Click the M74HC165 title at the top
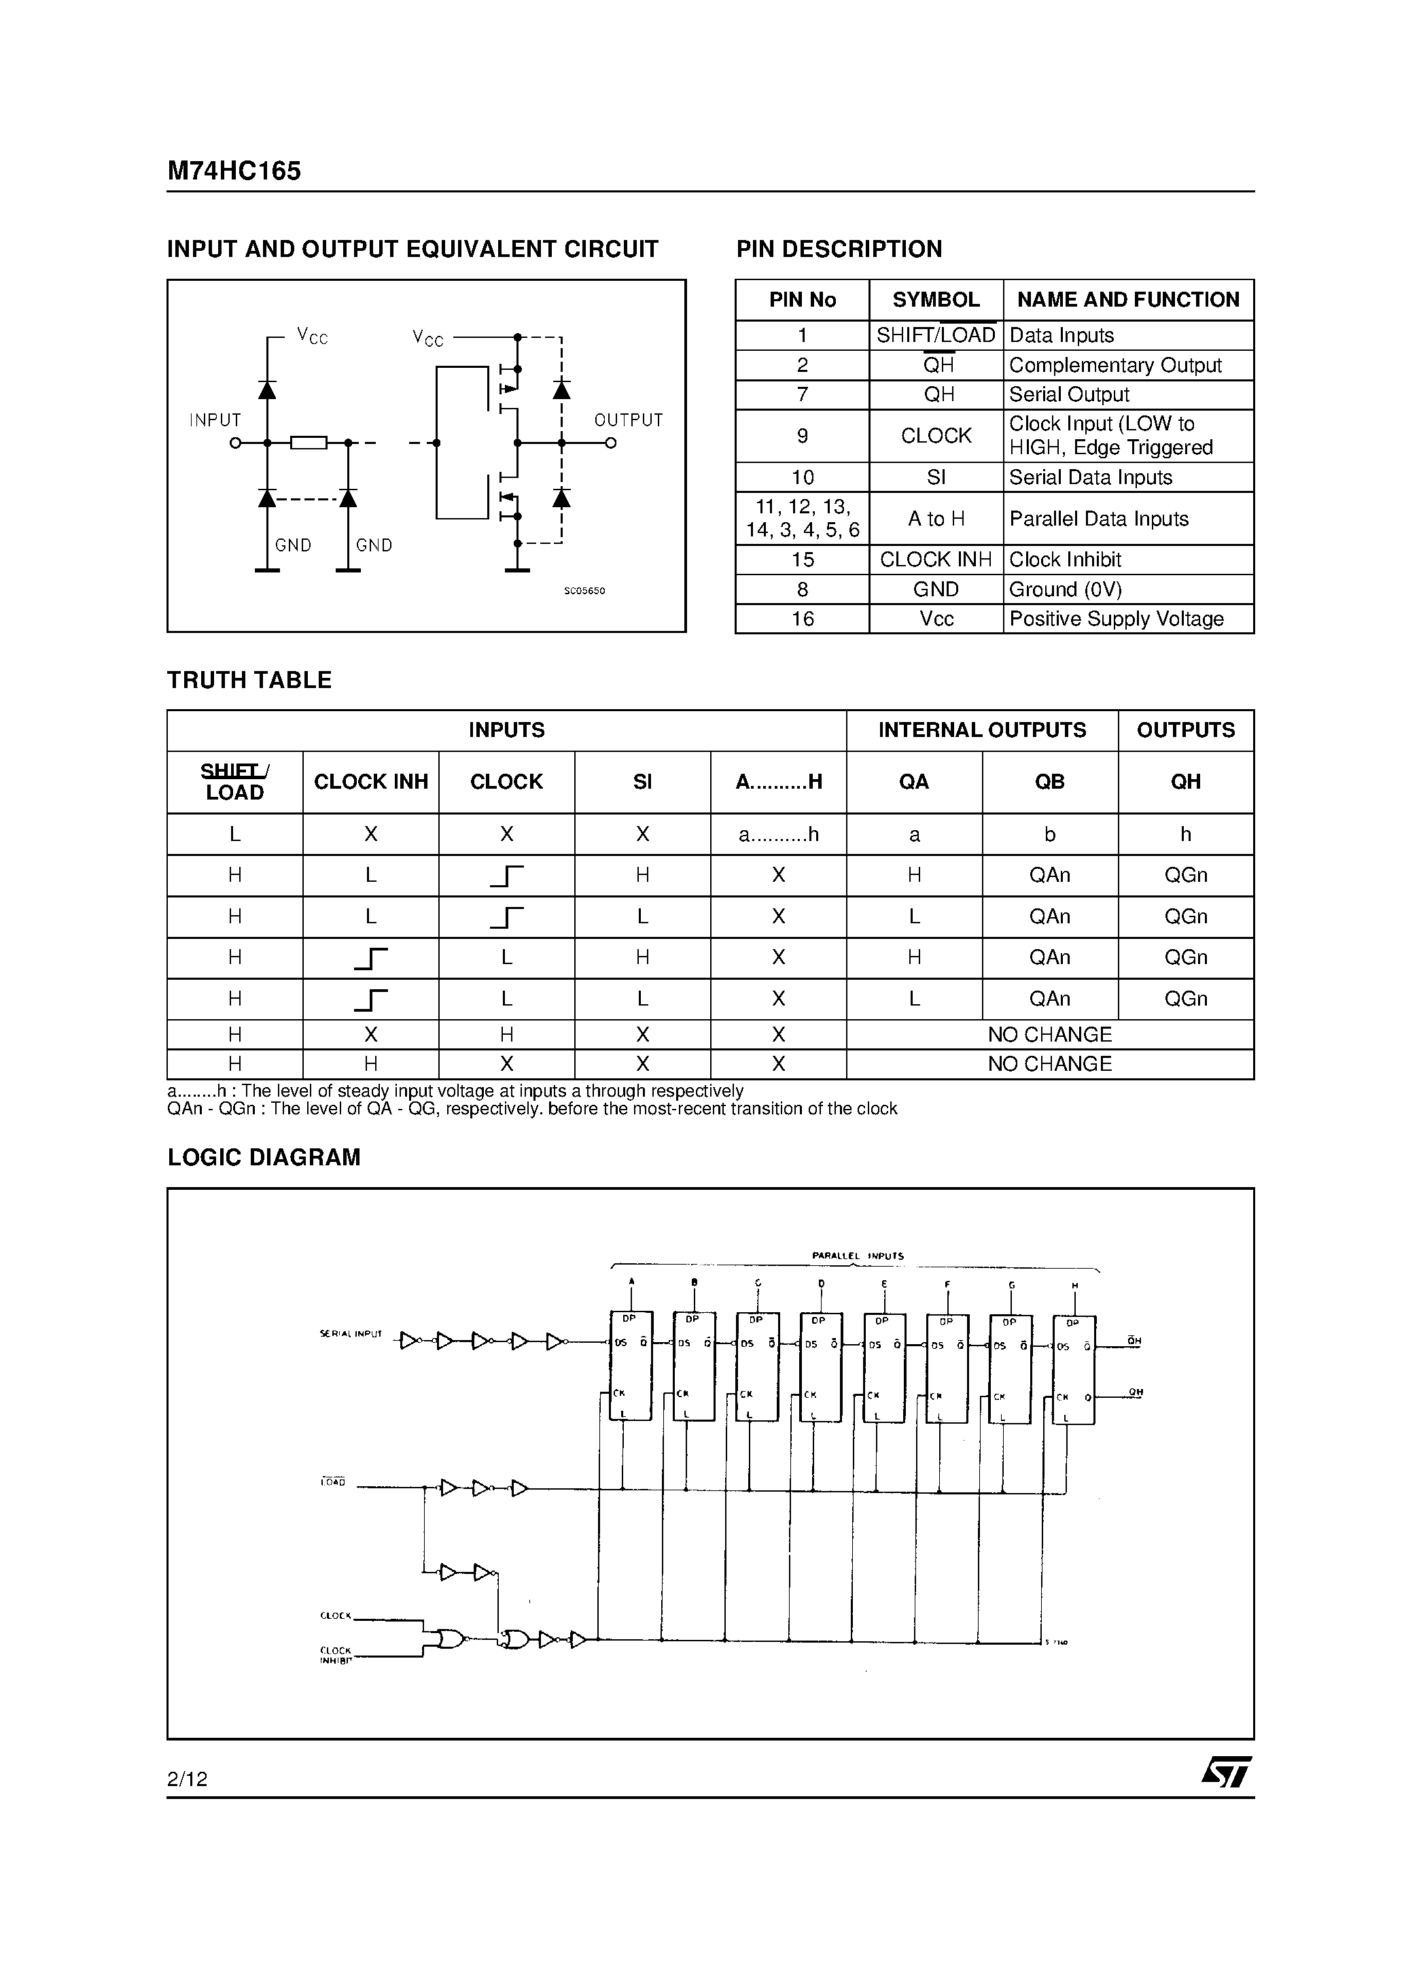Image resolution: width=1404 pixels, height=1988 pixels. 234,171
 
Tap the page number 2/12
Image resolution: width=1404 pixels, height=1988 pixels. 187,1779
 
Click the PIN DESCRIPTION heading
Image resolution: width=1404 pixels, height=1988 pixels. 839,250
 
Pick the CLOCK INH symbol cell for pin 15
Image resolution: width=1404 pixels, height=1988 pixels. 936,560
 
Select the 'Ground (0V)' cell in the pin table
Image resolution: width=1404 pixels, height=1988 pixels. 1065,589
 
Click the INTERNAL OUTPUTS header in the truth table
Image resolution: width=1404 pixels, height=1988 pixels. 981,730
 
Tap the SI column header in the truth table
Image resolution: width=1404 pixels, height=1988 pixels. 642,782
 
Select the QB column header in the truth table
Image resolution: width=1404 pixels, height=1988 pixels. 1049,782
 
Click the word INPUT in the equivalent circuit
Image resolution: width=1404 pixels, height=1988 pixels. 215,420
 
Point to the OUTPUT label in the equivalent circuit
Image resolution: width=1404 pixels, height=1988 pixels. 629,420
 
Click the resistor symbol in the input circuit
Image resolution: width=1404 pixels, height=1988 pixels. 308,443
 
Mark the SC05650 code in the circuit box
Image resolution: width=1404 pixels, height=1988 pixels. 584,591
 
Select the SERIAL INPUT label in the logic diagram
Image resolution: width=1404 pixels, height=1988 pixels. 351,1334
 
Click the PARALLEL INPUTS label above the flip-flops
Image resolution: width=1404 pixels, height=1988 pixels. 857,1256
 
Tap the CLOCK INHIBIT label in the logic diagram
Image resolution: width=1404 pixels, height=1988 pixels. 336,1656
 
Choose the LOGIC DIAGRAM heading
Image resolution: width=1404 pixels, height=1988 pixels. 264,1158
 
